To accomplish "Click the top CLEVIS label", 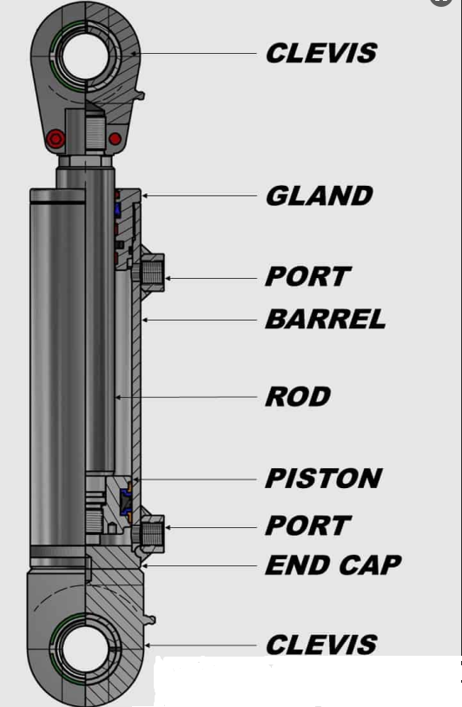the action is pos(321,53).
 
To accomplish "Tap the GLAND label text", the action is pos(319,195).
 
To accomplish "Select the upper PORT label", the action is pos(307,276).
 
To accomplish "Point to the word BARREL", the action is pos(326,320).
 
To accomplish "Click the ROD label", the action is pos(298,396).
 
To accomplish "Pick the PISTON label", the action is pos(324,478).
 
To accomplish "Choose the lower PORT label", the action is pos(307,525).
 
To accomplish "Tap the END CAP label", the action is pos(333,565).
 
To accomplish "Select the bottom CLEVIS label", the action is pos(321,644).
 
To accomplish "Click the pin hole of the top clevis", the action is pos(85,56).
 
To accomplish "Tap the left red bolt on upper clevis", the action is pos(56,138).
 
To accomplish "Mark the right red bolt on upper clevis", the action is pos(115,138).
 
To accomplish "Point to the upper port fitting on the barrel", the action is pos(152,273).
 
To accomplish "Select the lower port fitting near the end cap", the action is pos(152,533).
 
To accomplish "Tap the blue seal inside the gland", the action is pos(117,208).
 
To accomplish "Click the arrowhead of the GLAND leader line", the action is pos(145,195).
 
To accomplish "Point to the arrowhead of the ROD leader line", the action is pos(119,397).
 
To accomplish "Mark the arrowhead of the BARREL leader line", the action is pos(145,320).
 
